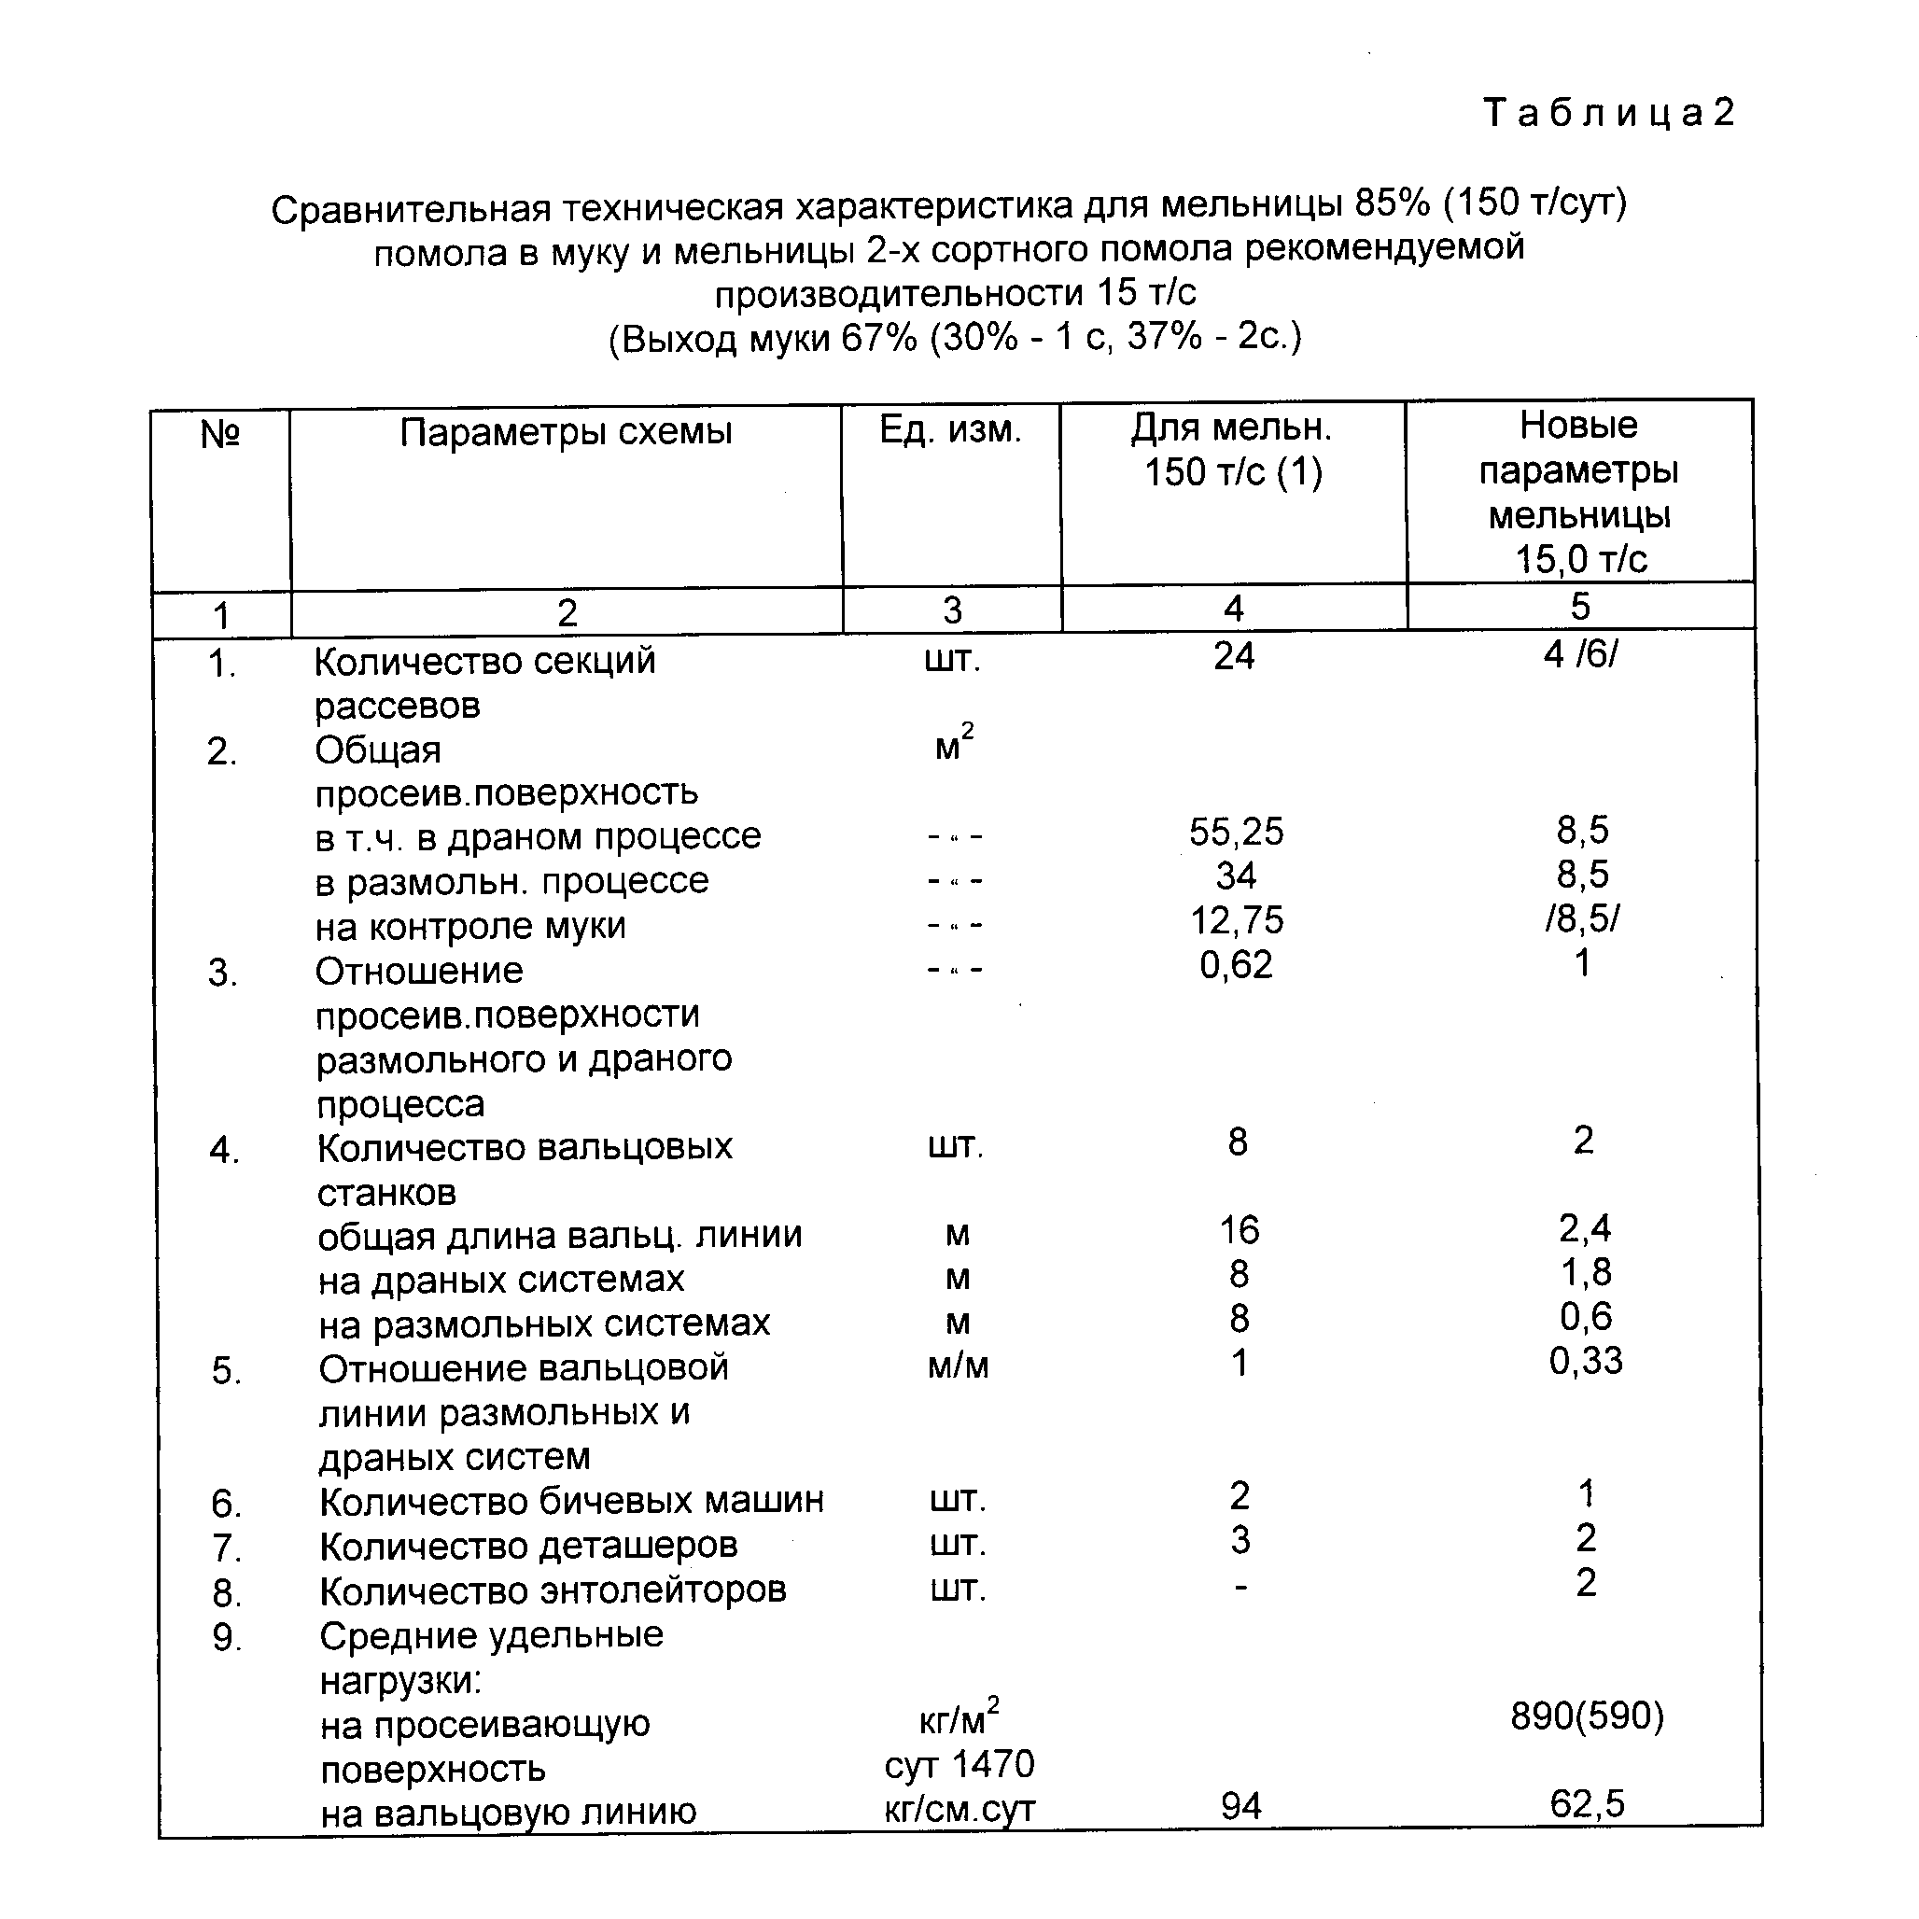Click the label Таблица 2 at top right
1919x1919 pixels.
[x=1608, y=113]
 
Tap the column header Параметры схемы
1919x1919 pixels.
[x=567, y=432]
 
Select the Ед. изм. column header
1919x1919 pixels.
[x=950, y=429]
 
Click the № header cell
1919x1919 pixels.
[x=220, y=434]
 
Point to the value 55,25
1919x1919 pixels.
[x=1236, y=832]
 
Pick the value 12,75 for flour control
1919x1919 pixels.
[x=1237, y=920]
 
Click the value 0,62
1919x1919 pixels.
[x=1236, y=964]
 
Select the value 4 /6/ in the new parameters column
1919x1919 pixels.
[x=1580, y=654]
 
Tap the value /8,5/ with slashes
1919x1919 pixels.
[x=1581, y=918]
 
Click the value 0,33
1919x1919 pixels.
[x=1585, y=1361]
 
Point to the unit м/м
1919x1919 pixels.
[x=958, y=1366]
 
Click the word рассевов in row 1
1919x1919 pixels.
[x=398, y=707]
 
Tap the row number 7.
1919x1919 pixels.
[x=227, y=1548]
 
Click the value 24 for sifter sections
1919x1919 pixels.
[x=1234, y=656]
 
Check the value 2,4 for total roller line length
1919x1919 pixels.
[x=1584, y=1228]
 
